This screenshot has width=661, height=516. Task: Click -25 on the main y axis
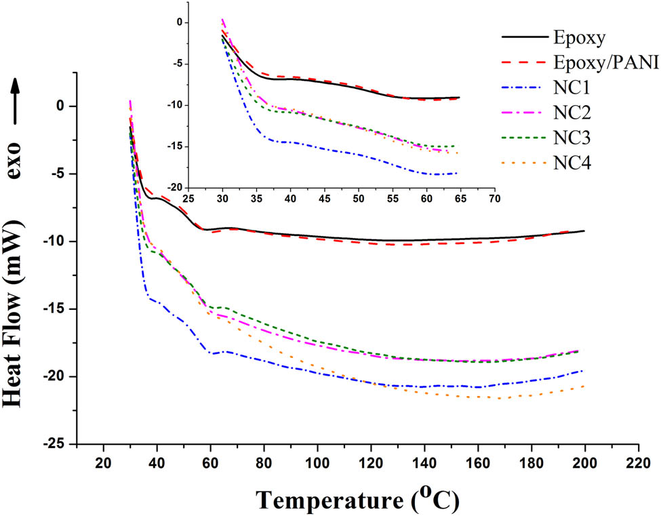pyautogui.click(x=56, y=444)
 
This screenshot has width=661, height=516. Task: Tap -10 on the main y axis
pyautogui.click(x=56, y=241)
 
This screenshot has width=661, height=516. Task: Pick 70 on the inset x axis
pyautogui.click(x=495, y=199)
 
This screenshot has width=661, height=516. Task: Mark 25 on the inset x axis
pyautogui.click(x=189, y=199)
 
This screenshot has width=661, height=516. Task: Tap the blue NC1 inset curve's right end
pyautogui.click(x=458, y=173)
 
